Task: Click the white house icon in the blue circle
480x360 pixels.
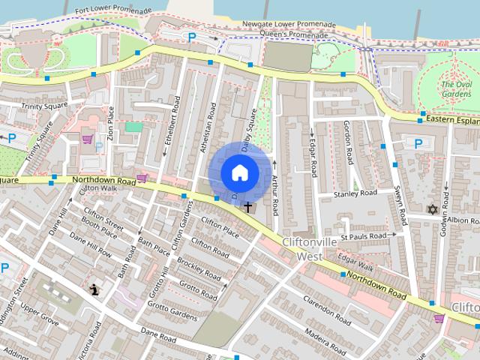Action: point(239,172)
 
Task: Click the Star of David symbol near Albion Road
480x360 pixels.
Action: point(431,209)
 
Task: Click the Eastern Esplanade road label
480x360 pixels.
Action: point(451,119)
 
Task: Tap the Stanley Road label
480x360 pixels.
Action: point(357,193)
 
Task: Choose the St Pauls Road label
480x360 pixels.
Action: point(363,236)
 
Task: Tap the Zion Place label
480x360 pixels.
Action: point(110,123)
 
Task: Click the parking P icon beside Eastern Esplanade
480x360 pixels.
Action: point(418,143)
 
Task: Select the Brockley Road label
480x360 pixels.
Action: point(196,269)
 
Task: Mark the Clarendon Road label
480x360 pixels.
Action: point(328,313)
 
